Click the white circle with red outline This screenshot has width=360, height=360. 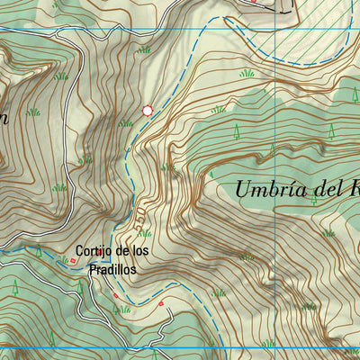click(x=148, y=111)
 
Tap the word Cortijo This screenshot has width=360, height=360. click(x=94, y=251)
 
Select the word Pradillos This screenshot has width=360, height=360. click(x=113, y=268)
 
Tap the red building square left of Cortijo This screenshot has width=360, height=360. click(x=73, y=261)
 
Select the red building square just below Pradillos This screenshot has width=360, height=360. click(x=115, y=294)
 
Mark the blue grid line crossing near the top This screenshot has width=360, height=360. click(x=180, y=29)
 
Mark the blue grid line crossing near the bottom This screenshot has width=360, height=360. click(x=180, y=347)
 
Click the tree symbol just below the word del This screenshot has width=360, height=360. click(x=313, y=200)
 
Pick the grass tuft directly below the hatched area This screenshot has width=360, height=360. click(x=246, y=73)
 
